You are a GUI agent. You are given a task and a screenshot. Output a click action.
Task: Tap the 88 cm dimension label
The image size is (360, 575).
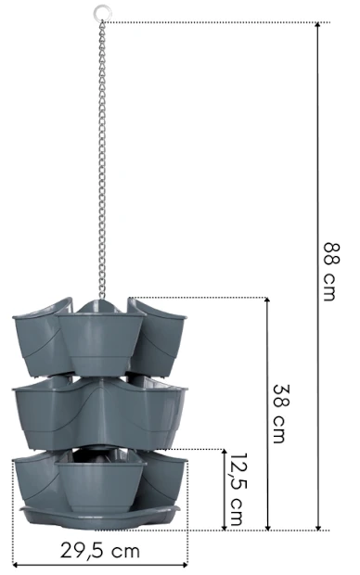(332, 272)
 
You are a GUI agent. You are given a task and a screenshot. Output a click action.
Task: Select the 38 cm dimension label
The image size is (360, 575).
(281, 414)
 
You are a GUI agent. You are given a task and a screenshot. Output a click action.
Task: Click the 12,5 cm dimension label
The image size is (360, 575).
(238, 489)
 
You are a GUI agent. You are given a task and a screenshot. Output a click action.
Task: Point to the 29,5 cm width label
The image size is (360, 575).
(100, 551)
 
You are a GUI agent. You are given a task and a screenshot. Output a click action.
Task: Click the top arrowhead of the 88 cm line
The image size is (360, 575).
(318, 25)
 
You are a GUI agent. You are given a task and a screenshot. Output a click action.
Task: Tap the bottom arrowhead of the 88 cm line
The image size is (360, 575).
(318, 527)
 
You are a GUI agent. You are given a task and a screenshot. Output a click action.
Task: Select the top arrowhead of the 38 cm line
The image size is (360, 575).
(267, 300)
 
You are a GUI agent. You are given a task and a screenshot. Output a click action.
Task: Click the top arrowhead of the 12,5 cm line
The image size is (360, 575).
(225, 453)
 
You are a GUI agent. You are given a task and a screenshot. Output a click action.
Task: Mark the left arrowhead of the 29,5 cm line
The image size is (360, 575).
(16, 565)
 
